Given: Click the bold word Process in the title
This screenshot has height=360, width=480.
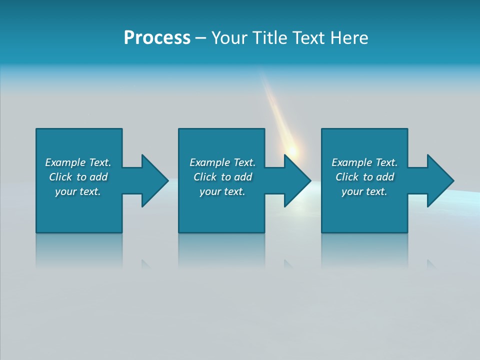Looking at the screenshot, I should tap(157, 38).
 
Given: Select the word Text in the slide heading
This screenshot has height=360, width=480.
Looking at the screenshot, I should tap(309, 38).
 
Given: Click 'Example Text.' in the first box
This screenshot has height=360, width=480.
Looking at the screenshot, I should tap(78, 162).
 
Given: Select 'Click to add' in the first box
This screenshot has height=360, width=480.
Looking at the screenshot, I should tap(78, 177).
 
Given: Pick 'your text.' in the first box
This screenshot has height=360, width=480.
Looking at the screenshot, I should tap(78, 191).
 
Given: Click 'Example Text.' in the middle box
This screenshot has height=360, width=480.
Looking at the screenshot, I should tap(222, 162).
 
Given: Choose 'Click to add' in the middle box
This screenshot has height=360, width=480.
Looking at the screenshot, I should tap(222, 177).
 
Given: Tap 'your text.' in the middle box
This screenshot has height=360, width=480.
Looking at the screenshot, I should tap(222, 191).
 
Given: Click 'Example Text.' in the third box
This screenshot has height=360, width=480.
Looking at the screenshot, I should tap(364, 162).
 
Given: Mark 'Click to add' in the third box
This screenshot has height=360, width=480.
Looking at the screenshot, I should tap(364, 177).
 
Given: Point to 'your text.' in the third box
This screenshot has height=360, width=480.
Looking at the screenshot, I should tap(364, 191).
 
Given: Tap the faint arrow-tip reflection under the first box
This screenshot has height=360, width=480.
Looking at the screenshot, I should tap(146, 264).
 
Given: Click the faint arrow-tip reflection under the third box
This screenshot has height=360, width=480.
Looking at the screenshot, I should tap(431, 264).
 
